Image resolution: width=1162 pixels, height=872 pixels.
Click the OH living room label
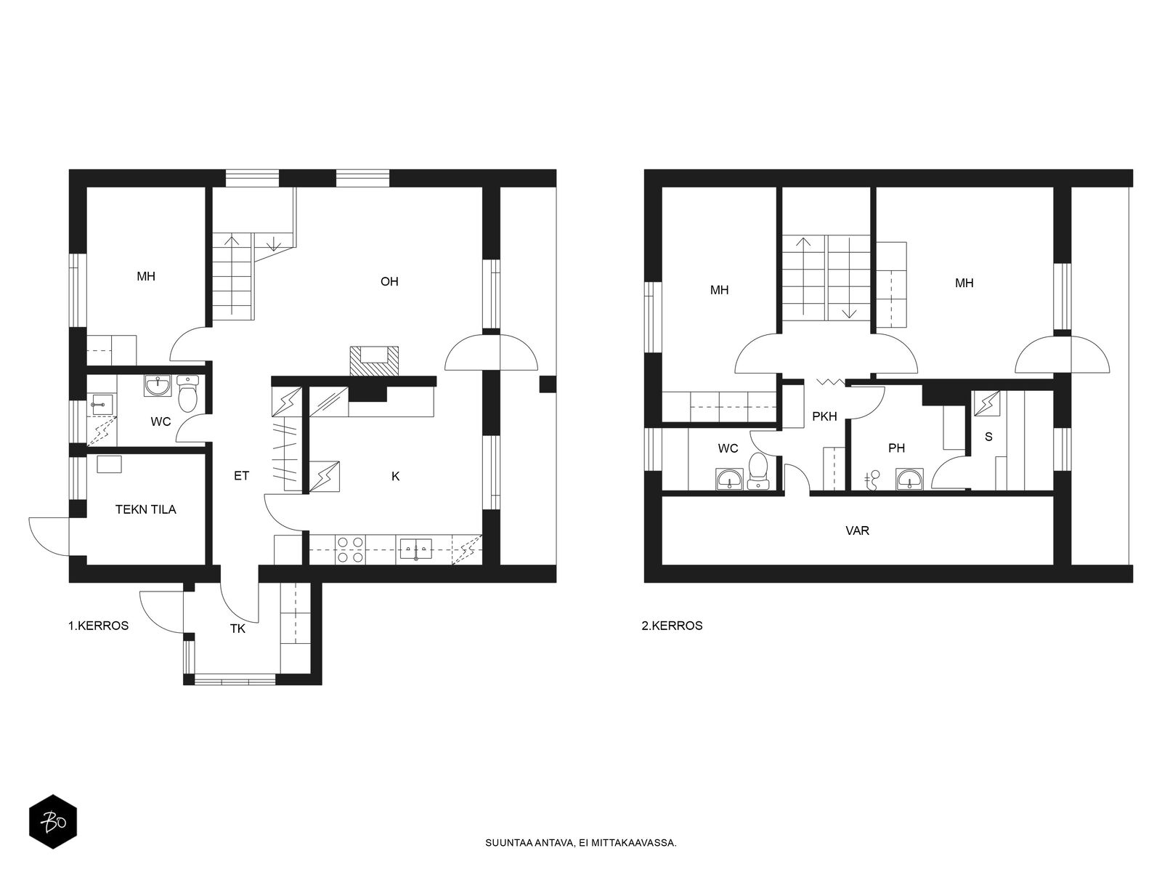389,281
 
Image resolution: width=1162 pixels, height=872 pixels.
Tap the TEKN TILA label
145,509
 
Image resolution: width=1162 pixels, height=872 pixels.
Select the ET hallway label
241,475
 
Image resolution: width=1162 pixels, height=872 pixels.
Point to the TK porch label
237,629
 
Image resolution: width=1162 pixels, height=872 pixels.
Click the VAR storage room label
857,530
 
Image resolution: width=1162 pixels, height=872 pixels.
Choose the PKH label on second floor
824,416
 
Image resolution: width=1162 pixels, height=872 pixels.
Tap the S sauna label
988,437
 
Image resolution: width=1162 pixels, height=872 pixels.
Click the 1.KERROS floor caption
99,625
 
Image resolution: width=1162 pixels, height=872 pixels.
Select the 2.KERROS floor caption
672,625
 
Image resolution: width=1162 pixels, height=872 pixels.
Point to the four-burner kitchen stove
351,549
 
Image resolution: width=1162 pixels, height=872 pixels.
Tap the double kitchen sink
415,549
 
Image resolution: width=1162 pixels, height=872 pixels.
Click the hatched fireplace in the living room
374,361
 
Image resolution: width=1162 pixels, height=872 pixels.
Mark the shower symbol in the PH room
871,479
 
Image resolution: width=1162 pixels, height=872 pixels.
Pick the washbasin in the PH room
909,479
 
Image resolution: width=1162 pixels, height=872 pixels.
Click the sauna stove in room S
987,403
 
